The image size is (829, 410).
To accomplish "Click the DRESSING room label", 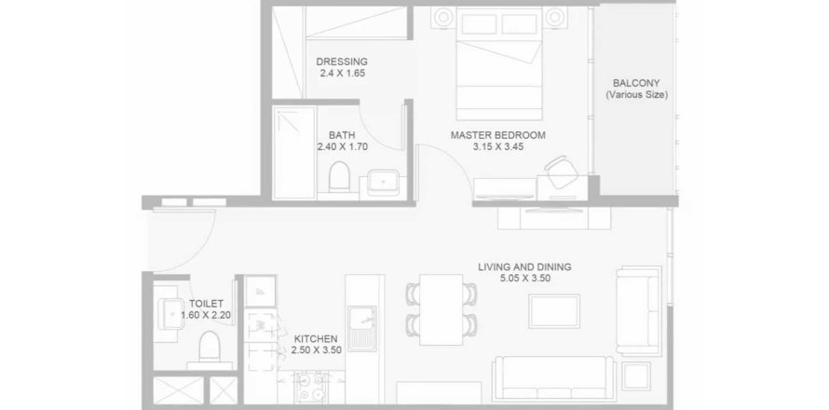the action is tap(342, 61).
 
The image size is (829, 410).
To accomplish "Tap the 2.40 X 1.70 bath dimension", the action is tap(342, 146).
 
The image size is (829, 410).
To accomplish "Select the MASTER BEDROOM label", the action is tap(498, 135).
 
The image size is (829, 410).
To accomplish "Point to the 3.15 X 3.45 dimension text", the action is tap(498, 146).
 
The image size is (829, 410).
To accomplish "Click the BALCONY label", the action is tap(636, 84).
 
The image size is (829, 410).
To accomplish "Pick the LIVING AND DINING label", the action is tap(524, 267).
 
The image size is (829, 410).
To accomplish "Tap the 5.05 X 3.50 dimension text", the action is tap(524, 279).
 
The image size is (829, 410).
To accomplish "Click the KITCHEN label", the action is tap(316, 338).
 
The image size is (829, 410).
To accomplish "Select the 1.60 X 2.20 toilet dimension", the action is tap(206, 315).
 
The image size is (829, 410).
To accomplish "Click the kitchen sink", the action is tap(362, 329).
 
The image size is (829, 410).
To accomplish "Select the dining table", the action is tap(441, 309).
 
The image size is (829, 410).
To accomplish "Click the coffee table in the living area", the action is tap(554, 311).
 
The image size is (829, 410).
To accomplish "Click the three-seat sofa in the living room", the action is tap(553, 379).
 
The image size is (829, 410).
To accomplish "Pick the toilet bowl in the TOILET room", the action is tap(210, 347).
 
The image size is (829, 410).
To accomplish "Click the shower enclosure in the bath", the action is tap(294, 153).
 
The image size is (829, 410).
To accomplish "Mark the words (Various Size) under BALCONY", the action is tap(636, 95).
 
